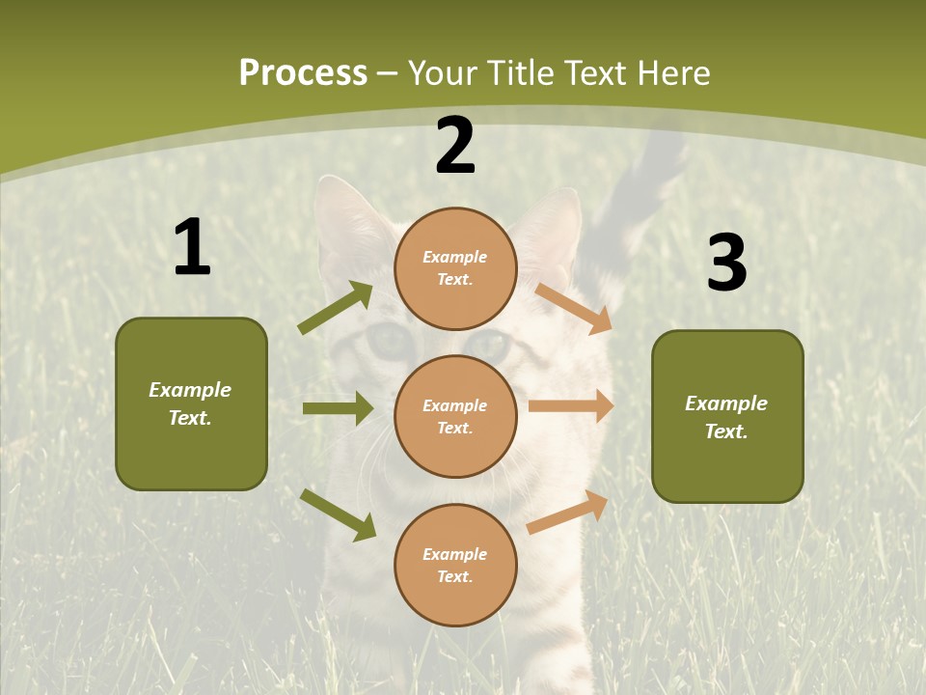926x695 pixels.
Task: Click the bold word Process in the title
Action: coord(303,72)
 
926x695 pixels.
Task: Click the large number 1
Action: coord(192,248)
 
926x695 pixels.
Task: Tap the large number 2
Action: coord(455,146)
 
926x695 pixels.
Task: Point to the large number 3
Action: coord(726,264)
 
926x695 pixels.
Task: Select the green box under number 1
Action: coord(191,403)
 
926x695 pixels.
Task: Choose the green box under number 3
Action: coord(727,416)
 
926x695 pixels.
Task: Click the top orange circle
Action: coord(455,268)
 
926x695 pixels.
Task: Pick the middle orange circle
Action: coord(455,416)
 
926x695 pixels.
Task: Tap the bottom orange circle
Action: coord(455,565)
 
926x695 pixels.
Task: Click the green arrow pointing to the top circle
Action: coord(336,308)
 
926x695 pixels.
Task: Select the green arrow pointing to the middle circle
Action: coord(338,408)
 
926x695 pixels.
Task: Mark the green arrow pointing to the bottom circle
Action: coord(338,514)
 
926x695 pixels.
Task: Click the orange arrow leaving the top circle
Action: coord(574,309)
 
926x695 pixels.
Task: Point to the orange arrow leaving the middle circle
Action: coord(571,406)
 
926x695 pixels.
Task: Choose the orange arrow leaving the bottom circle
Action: coord(568,512)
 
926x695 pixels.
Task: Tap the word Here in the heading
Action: coord(672,73)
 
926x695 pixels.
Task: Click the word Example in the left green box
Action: coord(190,390)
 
